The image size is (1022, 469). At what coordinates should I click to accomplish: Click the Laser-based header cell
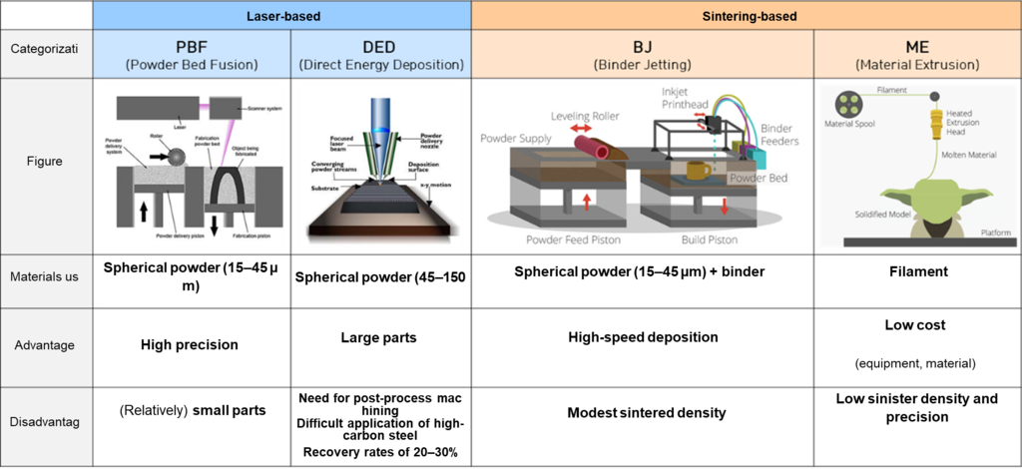pos(281,15)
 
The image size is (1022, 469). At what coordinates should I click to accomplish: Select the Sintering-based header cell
pos(746,15)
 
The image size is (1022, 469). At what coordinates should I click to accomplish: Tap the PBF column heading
pos(192,54)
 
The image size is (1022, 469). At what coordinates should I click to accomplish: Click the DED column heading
pos(381,54)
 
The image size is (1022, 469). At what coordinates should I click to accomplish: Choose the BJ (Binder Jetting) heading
pos(643,54)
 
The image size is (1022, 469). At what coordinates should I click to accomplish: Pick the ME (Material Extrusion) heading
pos(916,54)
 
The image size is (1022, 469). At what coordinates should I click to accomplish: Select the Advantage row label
pos(46,345)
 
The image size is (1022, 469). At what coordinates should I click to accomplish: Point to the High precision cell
pos(190,345)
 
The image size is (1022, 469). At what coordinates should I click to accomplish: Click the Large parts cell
pos(378,338)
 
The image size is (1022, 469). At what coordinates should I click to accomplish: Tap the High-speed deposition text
pos(644,337)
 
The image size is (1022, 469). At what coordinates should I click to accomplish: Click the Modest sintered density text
pos(646,412)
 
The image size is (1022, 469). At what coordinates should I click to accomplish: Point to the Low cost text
pos(915,326)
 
